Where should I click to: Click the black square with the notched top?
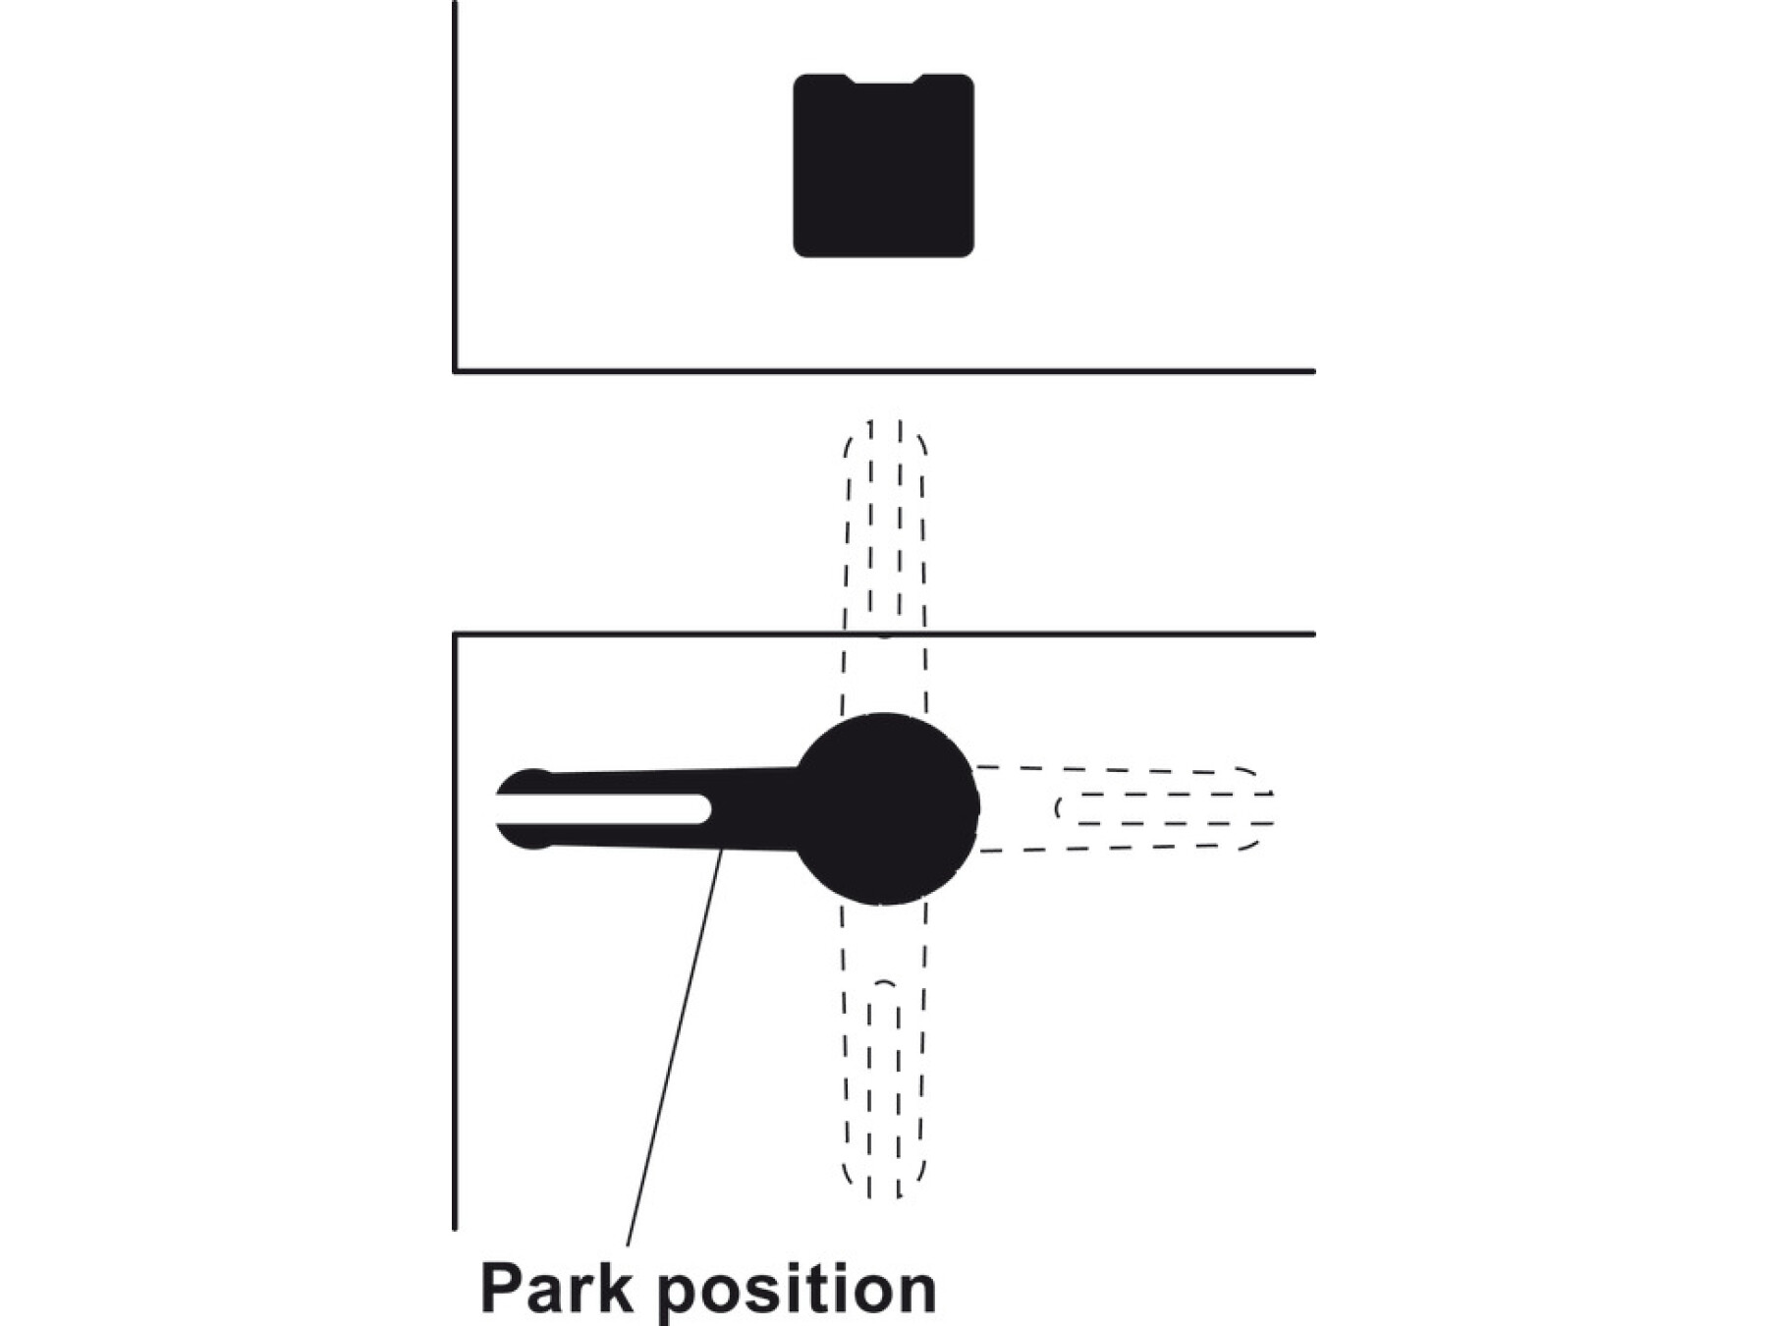tap(883, 166)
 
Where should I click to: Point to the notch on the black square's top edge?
tap(884, 80)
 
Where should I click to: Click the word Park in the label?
tap(556, 1288)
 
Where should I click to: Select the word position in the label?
tap(797, 1290)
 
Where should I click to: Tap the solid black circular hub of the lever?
tap(886, 808)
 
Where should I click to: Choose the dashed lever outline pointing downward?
tap(884, 1051)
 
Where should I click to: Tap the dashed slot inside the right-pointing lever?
tap(1165, 807)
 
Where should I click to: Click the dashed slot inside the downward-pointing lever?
tap(884, 1090)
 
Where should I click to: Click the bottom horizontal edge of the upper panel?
tap(884, 371)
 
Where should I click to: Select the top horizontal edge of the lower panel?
tap(884, 635)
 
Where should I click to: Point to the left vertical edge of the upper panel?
tap(455, 187)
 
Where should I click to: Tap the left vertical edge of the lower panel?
tap(455, 931)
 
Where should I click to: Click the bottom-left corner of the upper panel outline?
tap(455, 371)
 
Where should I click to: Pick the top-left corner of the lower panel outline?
tap(455, 635)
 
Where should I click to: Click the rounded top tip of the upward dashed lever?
tap(884, 424)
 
